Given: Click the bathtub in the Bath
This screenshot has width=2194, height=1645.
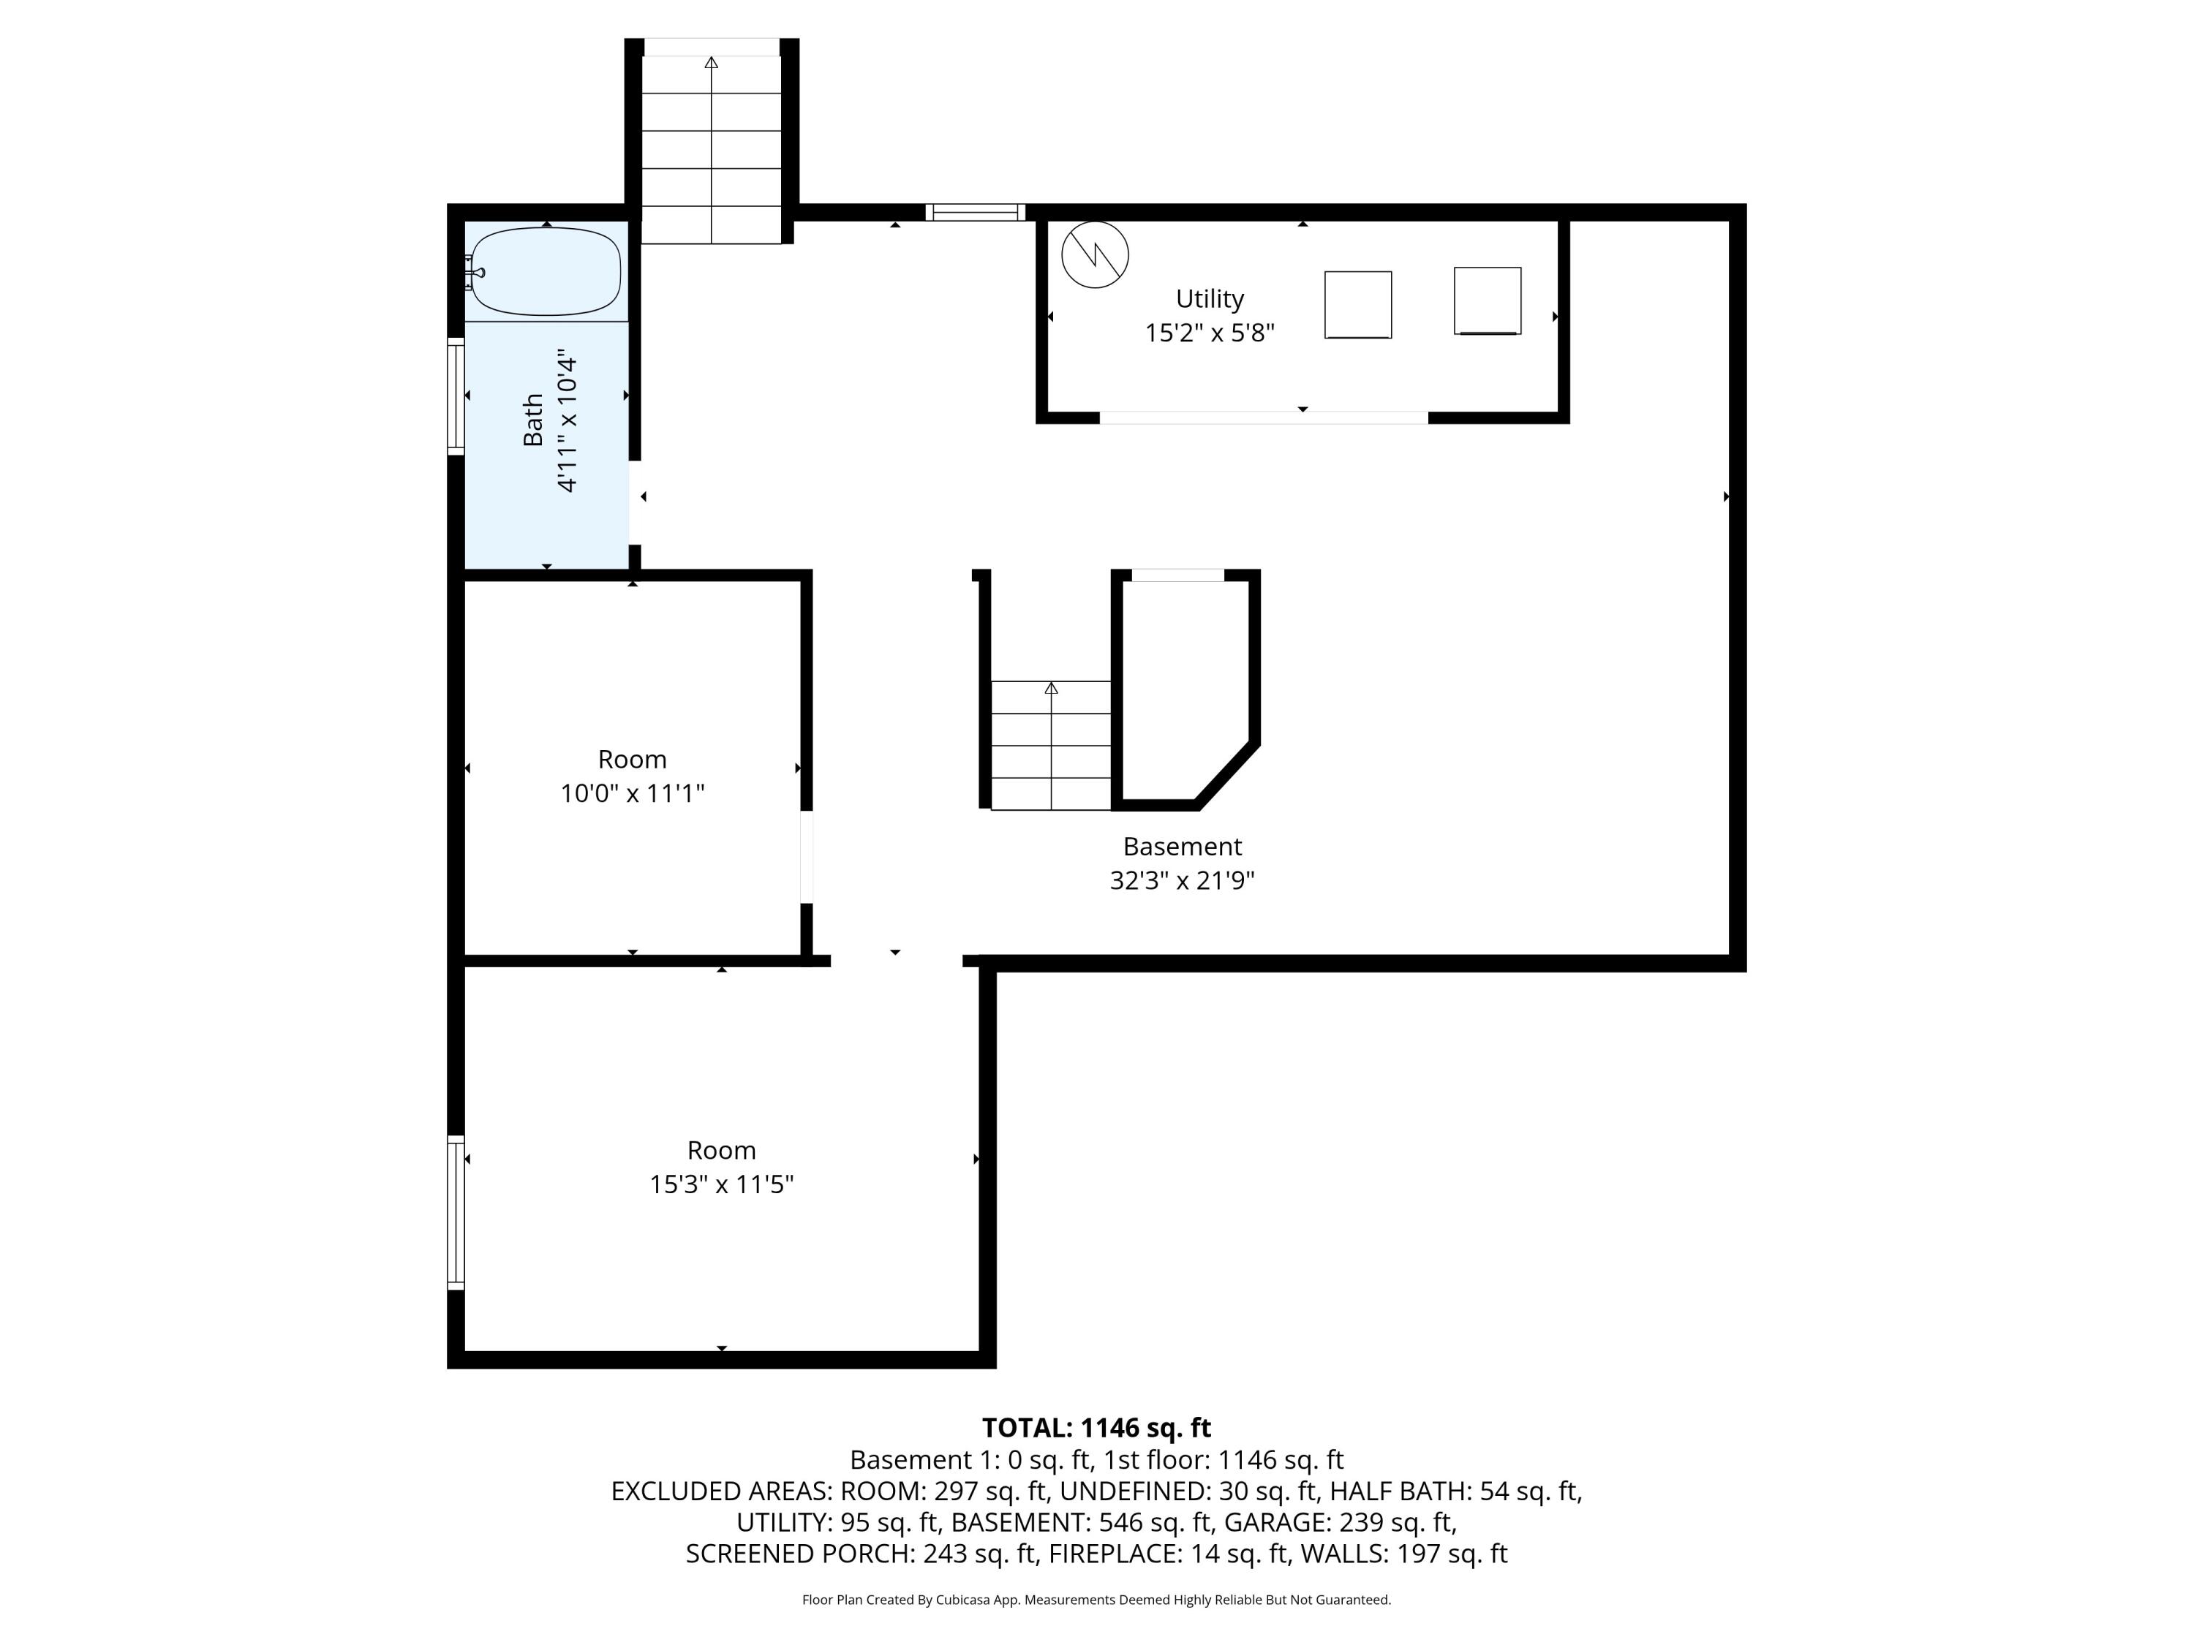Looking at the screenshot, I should tap(546, 272).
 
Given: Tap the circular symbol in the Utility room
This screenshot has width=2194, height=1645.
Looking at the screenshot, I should tap(1095, 255).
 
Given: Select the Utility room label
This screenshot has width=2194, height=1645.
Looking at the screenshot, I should tap(1209, 298).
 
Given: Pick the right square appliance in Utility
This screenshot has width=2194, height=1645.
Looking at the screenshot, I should tap(1487, 300).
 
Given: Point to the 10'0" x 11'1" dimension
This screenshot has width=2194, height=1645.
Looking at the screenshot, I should tap(632, 793).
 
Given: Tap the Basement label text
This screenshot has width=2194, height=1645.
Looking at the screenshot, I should tap(1181, 847).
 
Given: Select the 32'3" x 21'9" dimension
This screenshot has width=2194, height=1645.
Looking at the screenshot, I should tap(1181, 880).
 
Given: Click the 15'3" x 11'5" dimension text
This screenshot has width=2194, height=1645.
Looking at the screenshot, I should tap(721, 1184).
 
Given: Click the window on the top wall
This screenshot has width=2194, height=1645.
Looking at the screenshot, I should tap(975, 212).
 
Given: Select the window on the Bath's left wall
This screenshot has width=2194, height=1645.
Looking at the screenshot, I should tap(456, 396).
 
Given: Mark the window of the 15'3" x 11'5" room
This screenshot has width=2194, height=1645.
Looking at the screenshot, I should tap(456, 1211).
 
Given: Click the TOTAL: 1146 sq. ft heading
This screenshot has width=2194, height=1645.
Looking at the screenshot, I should tap(1096, 1428).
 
